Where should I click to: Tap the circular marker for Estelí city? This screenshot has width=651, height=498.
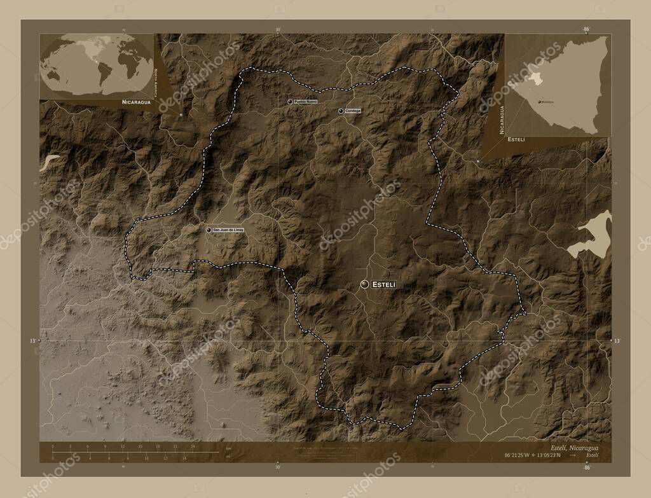point(364,284)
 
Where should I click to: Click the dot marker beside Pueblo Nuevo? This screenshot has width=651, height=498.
point(290,102)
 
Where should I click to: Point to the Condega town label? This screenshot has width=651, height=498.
point(353,111)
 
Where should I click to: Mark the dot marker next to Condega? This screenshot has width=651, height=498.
point(341,111)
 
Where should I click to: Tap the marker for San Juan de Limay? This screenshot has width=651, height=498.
point(209,230)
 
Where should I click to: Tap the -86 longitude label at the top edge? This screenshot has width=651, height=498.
point(586,29)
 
